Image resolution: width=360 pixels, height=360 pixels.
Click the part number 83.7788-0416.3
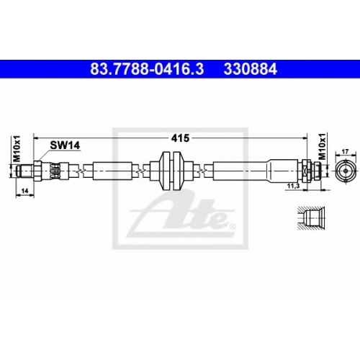coord(147,69)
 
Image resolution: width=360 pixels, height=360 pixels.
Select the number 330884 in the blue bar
coord(251,69)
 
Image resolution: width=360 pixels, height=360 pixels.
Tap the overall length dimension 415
coord(180,138)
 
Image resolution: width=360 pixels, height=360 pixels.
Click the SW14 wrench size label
coord(65,145)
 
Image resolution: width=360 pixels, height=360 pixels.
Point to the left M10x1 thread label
coord(17,148)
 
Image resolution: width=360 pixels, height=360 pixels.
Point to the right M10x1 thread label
coord(323,147)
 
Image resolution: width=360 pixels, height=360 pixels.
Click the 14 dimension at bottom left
coord(25,191)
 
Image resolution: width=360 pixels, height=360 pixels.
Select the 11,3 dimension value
coord(293,186)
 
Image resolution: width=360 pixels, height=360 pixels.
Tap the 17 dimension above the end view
coord(345,152)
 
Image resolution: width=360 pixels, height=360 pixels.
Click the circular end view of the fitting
coord(346,171)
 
